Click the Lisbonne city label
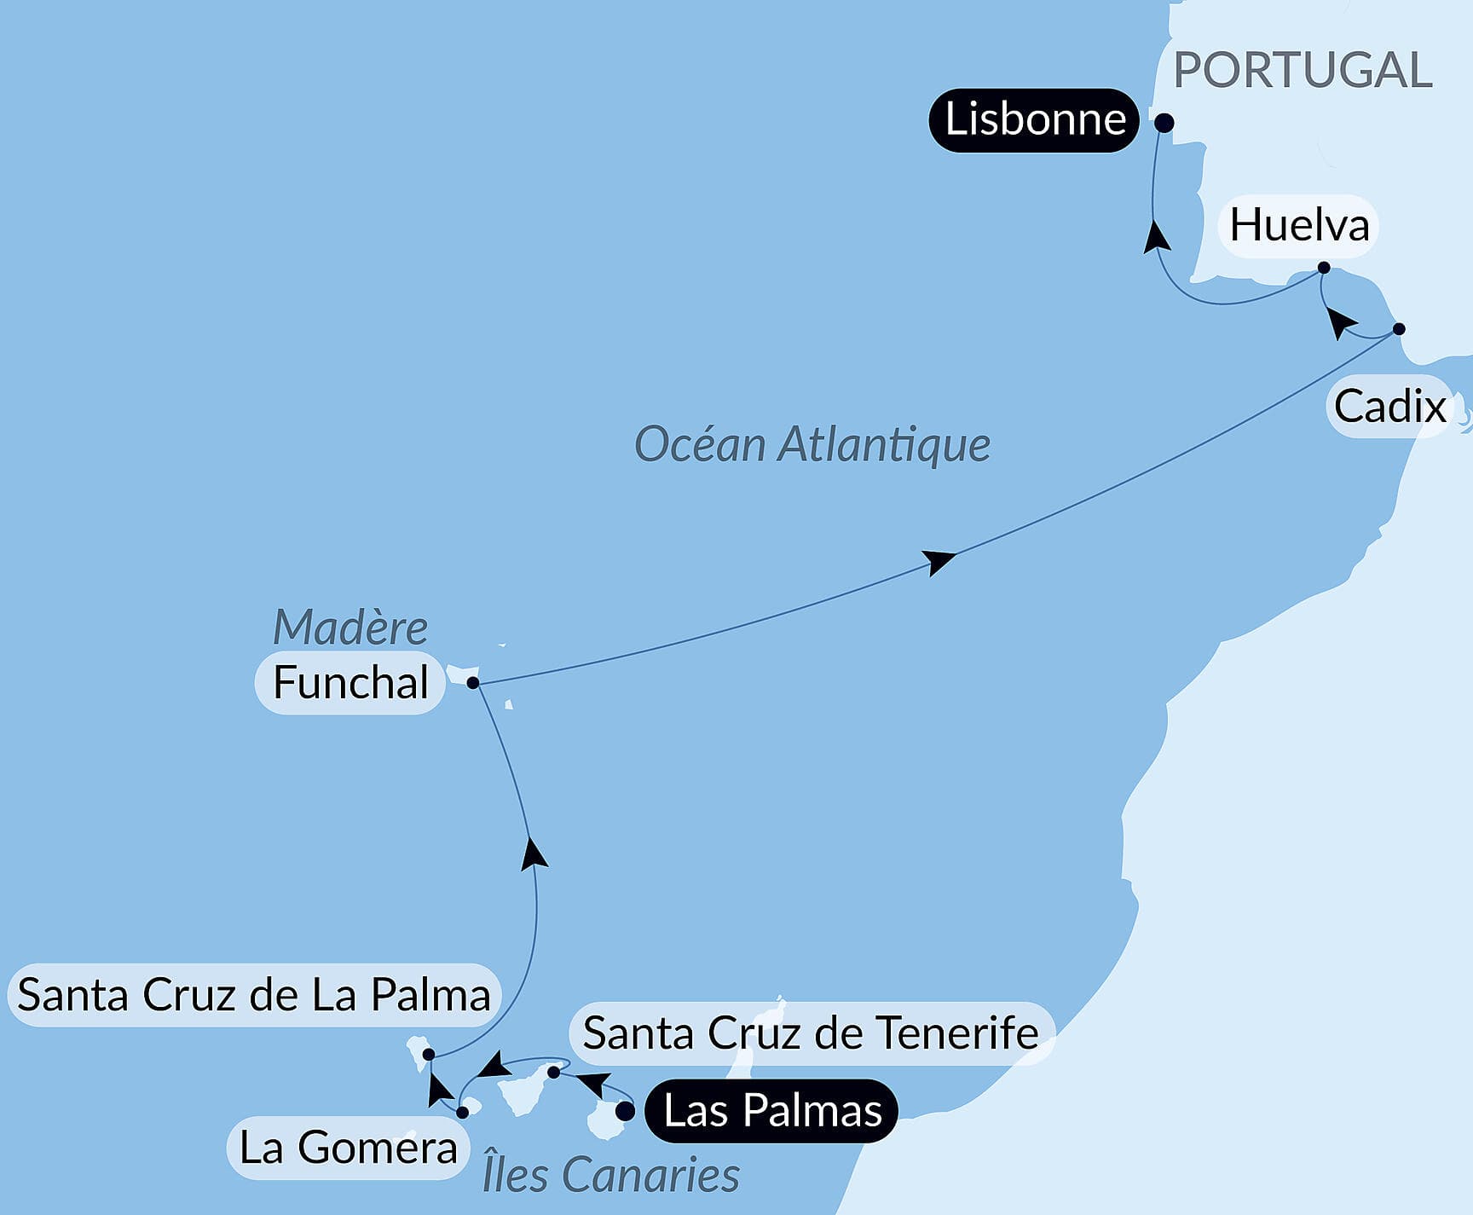[x=1034, y=119]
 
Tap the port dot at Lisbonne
[x=1164, y=124]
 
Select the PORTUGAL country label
[x=1303, y=70]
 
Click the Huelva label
[x=1299, y=226]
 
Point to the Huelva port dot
[x=1324, y=268]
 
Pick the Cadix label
[x=1389, y=407]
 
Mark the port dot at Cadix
[x=1398, y=329]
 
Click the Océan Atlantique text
[x=812, y=445]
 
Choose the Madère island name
[x=350, y=628]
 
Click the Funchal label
[x=350, y=683]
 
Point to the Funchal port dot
[x=473, y=683]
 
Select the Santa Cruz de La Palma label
[x=254, y=995]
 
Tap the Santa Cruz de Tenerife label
[x=811, y=1033]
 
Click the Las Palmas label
[x=772, y=1111]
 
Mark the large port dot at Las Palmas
[x=625, y=1112]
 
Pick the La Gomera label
[x=348, y=1148]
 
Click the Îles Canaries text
[x=610, y=1175]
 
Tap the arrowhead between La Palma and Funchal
[x=534, y=853]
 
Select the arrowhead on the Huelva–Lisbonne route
[x=1156, y=235]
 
